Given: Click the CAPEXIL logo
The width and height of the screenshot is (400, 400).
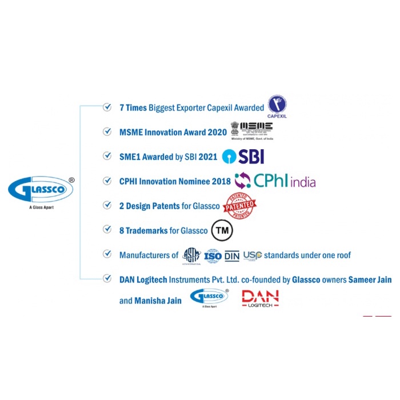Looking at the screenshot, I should [277, 105].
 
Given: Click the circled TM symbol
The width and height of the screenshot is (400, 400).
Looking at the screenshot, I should [222, 230].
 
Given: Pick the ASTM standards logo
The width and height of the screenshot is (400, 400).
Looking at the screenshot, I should [191, 255].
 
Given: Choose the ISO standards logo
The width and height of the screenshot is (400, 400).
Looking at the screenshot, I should [213, 255].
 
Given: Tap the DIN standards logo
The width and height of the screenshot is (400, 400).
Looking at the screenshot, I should [232, 255].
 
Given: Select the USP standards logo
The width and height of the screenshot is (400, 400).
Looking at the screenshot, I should [252, 255].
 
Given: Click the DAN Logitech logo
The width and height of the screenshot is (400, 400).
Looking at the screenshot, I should [260, 298].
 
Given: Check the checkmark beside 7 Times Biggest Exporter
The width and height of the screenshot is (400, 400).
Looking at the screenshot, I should [107, 107].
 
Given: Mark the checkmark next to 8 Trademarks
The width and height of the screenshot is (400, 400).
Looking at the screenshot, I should [107, 230].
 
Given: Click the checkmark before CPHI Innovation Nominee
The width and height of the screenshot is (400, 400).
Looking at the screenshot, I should [107, 181].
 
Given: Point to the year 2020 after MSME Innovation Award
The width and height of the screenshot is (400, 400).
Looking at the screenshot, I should [217, 133].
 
